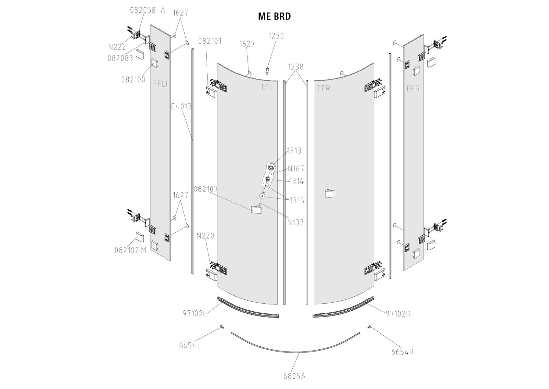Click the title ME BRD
274,16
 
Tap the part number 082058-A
148,10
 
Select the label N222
117,47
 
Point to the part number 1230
276,36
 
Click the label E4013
181,107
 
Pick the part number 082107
206,189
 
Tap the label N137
295,222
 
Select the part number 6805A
294,376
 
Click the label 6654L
190,346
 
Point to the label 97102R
398,314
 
